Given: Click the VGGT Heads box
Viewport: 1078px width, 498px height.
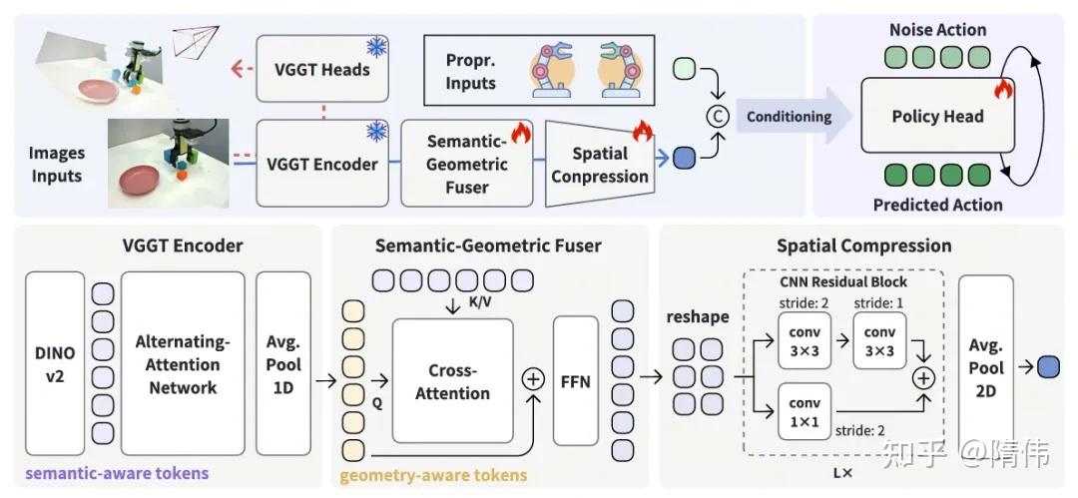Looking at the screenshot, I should (x=321, y=69).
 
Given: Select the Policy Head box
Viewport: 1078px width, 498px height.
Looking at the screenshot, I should (x=936, y=117).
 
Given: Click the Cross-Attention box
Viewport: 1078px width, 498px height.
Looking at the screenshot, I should (x=452, y=380).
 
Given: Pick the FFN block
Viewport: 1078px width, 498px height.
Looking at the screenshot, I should (x=574, y=380).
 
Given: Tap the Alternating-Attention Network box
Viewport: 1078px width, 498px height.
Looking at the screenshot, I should (x=183, y=363).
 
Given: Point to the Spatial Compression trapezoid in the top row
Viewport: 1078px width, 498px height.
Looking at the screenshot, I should (x=599, y=165).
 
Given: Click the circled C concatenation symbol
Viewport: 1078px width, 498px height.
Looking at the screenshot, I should (x=716, y=117).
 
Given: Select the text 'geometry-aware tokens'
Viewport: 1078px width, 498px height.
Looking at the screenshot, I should (x=432, y=475).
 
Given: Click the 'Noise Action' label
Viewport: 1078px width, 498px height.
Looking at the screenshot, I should (x=937, y=30).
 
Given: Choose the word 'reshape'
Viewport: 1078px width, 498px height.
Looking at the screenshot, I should (x=698, y=316).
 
